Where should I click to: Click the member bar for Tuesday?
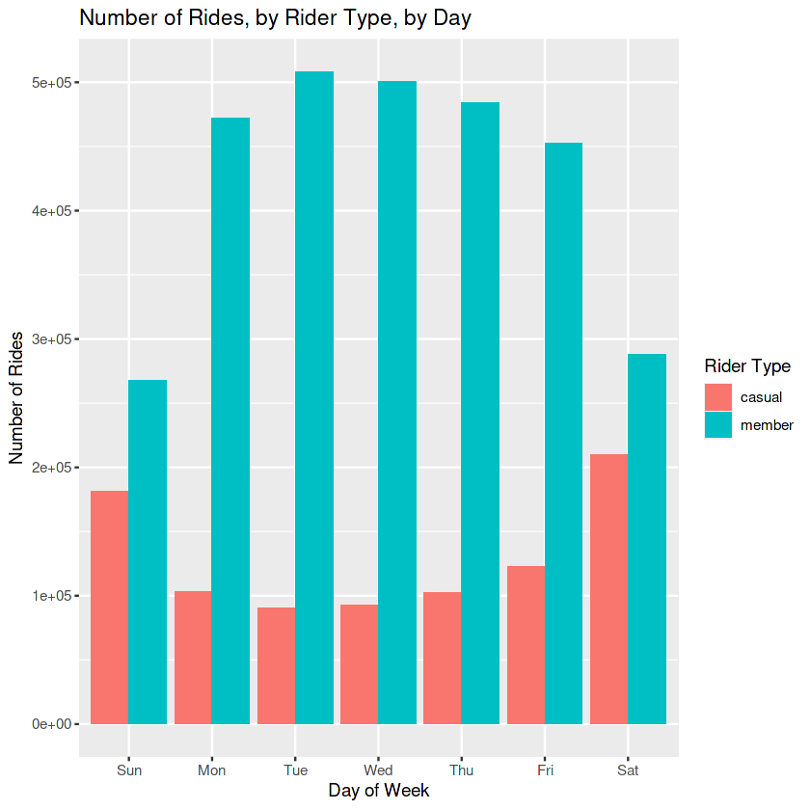(314, 397)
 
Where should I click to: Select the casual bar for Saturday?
(608, 588)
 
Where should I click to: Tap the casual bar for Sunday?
(109, 607)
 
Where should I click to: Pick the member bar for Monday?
(230, 420)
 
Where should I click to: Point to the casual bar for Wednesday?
(359, 664)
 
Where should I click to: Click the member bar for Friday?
(563, 433)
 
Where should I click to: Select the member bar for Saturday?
(647, 539)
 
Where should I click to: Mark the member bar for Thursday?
(480, 413)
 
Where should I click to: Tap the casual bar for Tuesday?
(276, 665)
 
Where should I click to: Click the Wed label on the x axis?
(378, 770)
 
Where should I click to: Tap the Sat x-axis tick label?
(628, 770)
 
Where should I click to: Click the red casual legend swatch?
(718, 397)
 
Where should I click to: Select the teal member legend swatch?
(718, 425)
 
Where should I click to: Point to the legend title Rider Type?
(747, 366)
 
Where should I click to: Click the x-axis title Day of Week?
(378, 791)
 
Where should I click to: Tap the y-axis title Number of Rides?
(16, 397)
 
